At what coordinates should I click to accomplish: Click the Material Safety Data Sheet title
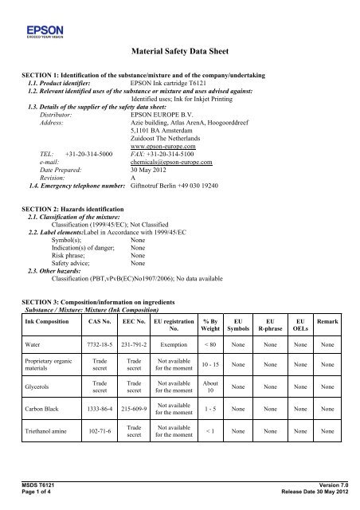pyautogui.click(x=179, y=51)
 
